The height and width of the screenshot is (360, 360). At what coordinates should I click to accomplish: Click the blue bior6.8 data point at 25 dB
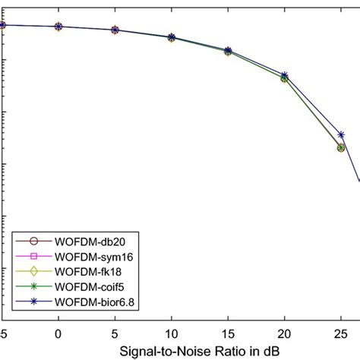pyautogui.click(x=341, y=134)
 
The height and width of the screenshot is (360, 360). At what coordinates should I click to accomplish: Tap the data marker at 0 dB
pyautogui.click(x=58, y=27)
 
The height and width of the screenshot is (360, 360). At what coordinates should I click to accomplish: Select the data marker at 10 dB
pyautogui.click(x=171, y=37)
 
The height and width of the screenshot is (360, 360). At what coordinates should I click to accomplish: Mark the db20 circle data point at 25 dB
pyautogui.click(x=341, y=147)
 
